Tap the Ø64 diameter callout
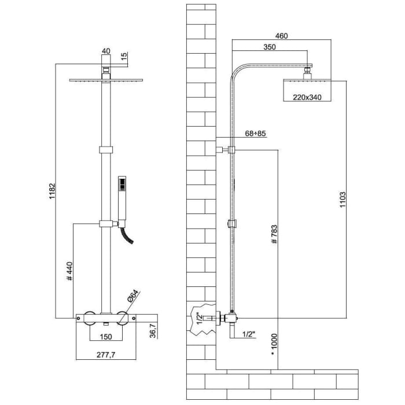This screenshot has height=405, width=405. coord(132,297)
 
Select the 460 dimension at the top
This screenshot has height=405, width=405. coord(281,36)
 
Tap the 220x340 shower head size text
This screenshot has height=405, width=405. coord(306,97)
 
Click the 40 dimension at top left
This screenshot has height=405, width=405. coord(105,51)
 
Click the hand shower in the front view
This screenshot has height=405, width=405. coord(122,197)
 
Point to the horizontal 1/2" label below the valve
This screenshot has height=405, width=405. coord(248,334)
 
